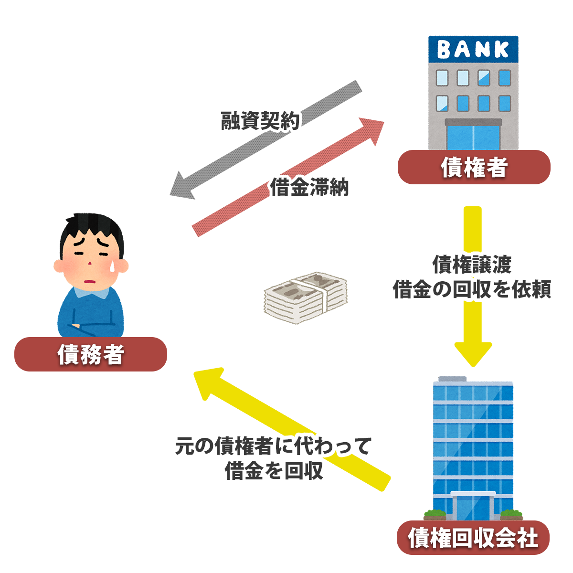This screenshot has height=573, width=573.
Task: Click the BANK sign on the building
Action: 473,49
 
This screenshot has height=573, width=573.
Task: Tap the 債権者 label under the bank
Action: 474,168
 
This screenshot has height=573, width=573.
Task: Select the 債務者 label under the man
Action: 91,354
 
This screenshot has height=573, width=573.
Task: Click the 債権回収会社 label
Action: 473,538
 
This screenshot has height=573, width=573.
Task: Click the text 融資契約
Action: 260,121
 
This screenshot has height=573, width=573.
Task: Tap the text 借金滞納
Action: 309,187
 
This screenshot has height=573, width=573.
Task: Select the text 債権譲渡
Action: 472,264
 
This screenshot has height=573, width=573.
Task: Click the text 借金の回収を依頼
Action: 472,289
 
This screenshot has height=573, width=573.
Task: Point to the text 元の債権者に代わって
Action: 272,446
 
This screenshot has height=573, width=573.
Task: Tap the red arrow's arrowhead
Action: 372,128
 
